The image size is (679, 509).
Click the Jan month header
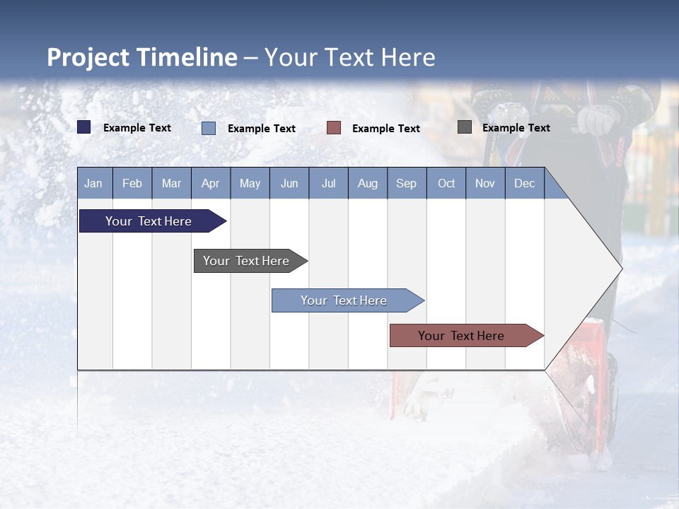point(93,183)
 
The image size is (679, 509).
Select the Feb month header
point(132,183)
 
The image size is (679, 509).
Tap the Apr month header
point(210,183)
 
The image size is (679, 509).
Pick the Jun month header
point(289,183)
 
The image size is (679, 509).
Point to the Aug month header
point(367,183)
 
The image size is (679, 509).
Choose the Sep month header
point(406,183)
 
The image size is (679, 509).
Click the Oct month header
point(446,183)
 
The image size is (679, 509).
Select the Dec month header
point(524,183)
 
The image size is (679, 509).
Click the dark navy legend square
point(84,127)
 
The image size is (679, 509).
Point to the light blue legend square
point(209,128)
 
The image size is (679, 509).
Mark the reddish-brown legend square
point(334,128)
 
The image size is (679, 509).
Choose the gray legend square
point(465,127)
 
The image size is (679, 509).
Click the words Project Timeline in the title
point(142,57)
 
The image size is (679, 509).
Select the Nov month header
point(485,183)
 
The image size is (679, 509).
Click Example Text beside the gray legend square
point(516,127)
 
